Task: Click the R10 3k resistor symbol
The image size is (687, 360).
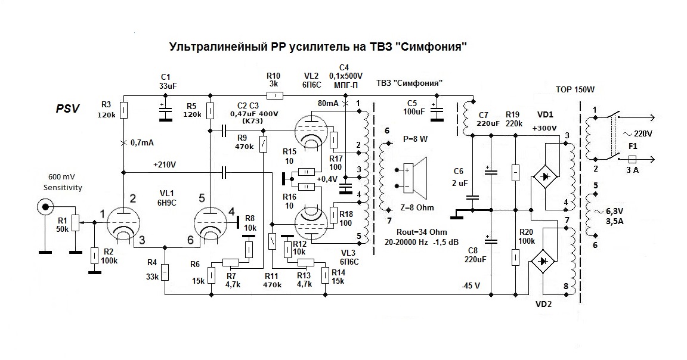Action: [274, 95]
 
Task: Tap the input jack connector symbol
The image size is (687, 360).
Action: [44, 207]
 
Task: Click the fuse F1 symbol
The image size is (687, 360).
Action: [635, 159]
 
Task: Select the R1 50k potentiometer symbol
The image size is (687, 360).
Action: [75, 222]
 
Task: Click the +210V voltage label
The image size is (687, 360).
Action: [165, 165]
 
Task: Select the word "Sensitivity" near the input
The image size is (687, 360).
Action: [63, 187]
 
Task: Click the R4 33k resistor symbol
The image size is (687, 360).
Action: [166, 272]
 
